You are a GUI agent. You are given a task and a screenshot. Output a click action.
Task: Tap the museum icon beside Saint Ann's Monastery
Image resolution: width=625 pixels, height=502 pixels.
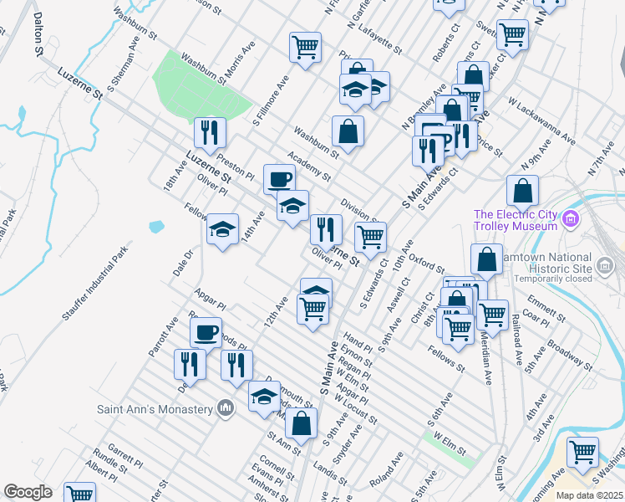[225, 408]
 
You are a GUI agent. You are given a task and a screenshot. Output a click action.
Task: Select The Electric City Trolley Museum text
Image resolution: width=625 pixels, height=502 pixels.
[516, 220]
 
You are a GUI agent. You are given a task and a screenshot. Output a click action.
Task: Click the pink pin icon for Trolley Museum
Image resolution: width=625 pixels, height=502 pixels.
[572, 220]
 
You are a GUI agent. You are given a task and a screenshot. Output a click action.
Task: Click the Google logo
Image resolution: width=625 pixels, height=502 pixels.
[28, 492]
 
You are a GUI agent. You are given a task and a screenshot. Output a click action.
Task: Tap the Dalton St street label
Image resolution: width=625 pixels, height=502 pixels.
[38, 33]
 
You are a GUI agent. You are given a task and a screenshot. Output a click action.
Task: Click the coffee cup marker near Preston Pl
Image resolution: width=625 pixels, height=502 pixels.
[279, 178]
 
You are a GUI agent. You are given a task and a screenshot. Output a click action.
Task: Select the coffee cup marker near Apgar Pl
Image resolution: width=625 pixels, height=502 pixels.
[206, 332]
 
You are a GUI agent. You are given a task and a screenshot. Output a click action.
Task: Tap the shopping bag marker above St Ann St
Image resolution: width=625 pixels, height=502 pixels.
[302, 423]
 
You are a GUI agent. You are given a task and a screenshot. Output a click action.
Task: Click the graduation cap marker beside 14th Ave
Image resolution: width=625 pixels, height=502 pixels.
[223, 230]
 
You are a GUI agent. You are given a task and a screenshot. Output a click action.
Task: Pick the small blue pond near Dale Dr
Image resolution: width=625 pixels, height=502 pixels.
[156, 226]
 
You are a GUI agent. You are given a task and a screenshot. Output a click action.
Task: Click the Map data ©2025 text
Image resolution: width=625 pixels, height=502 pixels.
[589, 495]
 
